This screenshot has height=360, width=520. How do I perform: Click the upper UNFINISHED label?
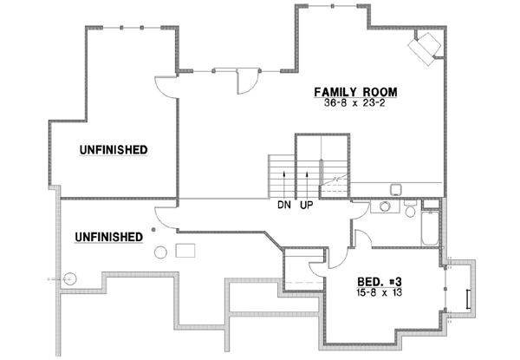[114, 149]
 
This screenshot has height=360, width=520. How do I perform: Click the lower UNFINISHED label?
[109, 235]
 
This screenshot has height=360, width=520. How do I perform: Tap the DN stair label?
[283, 206]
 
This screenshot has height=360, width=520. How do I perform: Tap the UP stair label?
[306, 206]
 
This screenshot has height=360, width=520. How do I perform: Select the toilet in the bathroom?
[411, 208]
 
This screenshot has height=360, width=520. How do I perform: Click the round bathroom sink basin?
[380, 207]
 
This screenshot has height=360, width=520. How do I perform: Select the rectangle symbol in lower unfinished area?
[185, 252]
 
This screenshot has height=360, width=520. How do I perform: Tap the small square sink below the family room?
[394, 188]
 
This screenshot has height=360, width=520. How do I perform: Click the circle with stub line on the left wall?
[71, 278]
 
